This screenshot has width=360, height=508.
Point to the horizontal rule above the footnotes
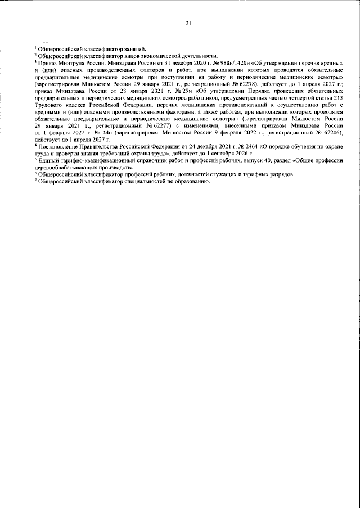point(78,42)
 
